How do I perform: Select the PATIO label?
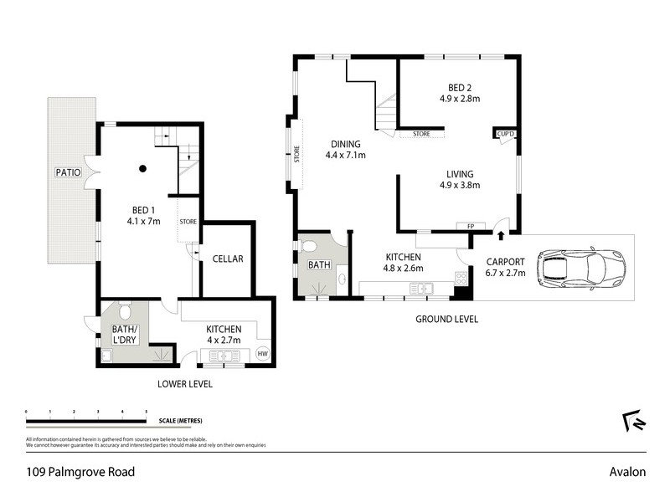(x=68, y=172)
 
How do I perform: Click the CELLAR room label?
(x=227, y=259)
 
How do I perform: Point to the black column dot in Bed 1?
(x=143, y=168)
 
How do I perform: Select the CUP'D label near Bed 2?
(x=505, y=134)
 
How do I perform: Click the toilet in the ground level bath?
(x=309, y=247)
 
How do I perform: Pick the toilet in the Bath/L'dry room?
(x=124, y=312)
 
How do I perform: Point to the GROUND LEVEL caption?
(x=446, y=319)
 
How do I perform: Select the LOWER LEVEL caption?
(x=184, y=384)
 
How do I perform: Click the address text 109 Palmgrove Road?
(x=79, y=472)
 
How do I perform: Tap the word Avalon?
(x=627, y=472)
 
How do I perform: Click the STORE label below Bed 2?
(x=421, y=134)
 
